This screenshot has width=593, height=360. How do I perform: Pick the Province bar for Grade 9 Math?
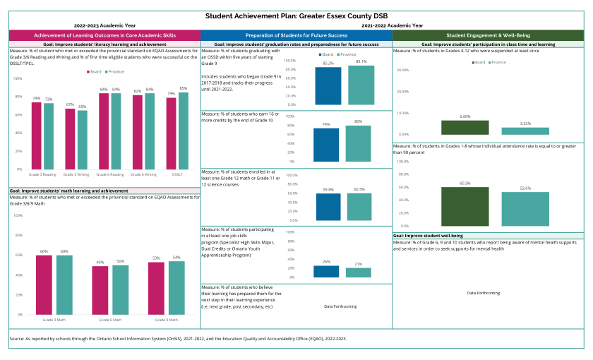coord(176,287)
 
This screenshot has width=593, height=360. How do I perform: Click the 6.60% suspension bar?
coord(465,127)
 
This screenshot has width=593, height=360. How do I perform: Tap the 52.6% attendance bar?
coord(525,208)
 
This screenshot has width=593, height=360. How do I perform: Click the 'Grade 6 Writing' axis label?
coord(147,174)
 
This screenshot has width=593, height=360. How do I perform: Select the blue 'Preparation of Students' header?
coord(296,35)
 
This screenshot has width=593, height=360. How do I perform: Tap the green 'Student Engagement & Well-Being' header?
coord(488,35)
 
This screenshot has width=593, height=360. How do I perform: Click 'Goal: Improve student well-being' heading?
coord(427,234)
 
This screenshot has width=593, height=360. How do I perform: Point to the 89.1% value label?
coord(361,61)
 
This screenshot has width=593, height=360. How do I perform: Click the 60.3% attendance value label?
coord(465,183)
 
